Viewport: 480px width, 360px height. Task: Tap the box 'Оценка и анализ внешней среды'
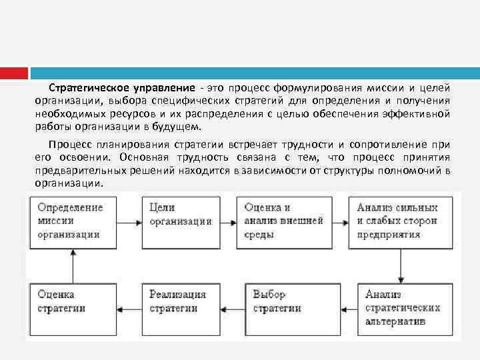(x=285, y=221)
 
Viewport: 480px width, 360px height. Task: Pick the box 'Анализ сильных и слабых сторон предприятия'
(x=399, y=221)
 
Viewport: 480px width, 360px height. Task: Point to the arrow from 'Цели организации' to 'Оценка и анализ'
(x=228, y=221)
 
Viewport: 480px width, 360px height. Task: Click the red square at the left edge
(x=13, y=73)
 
